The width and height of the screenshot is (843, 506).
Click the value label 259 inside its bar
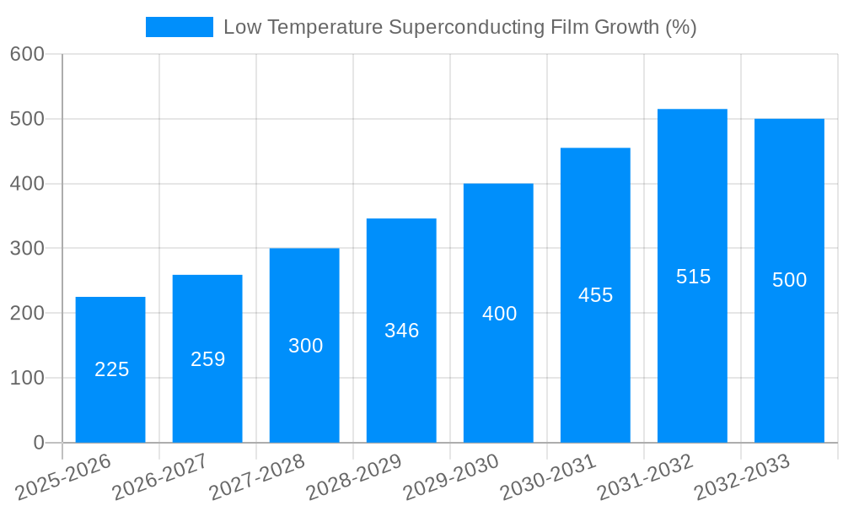click(207, 359)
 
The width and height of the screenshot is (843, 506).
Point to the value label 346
click(401, 331)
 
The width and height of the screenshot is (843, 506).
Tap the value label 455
click(595, 295)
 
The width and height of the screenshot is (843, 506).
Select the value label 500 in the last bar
click(789, 280)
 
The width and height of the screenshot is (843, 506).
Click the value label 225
click(111, 369)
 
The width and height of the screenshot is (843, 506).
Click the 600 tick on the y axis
click(27, 54)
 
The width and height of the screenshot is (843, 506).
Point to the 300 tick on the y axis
click(27, 248)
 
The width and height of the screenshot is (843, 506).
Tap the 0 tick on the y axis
click(38, 443)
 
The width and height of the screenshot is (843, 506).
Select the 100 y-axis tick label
click(27, 378)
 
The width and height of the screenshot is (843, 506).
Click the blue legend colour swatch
click(180, 27)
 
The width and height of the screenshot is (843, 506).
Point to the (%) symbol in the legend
click(680, 27)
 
